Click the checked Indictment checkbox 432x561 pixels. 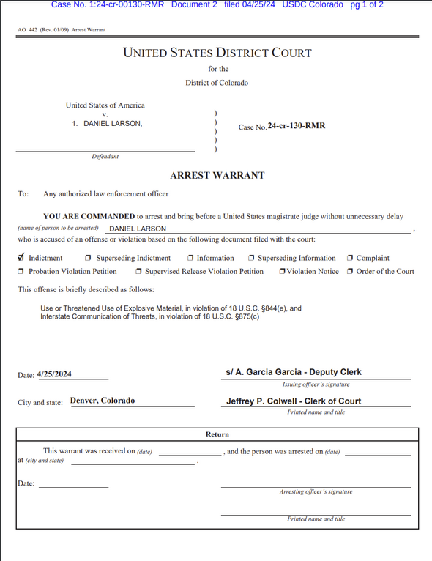[x=21, y=258]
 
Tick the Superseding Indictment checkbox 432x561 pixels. [x=89, y=259]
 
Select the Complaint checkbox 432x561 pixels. [x=350, y=259]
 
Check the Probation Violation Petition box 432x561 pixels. [x=21, y=272]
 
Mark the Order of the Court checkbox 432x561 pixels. [x=350, y=272]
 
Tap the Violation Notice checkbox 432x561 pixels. [x=282, y=272]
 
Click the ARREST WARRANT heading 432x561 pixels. [x=217, y=176]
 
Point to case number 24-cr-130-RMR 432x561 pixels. [x=297, y=126]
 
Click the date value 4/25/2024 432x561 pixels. [x=54, y=374]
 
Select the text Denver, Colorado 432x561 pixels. [x=103, y=401]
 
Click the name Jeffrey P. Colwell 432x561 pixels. [x=264, y=401]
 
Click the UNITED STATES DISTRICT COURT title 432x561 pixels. [x=217, y=53]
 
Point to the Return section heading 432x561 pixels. [x=217, y=434]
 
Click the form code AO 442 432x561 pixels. [x=28, y=30]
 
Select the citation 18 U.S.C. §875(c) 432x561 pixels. [x=220, y=316]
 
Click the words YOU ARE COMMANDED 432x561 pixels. [x=89, y=217]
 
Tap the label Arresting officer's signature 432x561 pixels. [x=316, y=491]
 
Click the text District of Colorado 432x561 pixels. [x=217, y=83]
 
